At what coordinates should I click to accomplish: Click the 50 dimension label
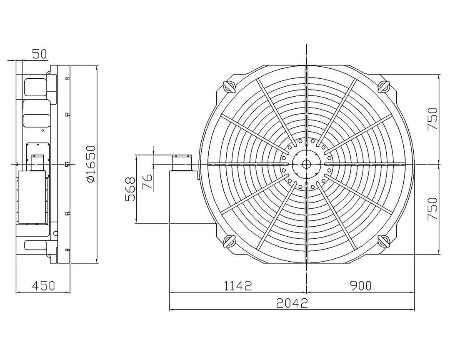[39, 54]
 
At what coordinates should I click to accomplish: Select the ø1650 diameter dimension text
[91, 164]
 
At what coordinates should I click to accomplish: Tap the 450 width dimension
[43, 286]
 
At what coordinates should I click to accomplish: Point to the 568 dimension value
[130, 190]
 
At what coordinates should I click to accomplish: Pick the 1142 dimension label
[237, 286]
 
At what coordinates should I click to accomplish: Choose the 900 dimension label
[360, 286]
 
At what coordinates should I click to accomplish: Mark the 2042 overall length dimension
[292, 303]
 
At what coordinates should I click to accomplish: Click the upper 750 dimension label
[432, 119]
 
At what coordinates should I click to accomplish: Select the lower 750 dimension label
[432, 209]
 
